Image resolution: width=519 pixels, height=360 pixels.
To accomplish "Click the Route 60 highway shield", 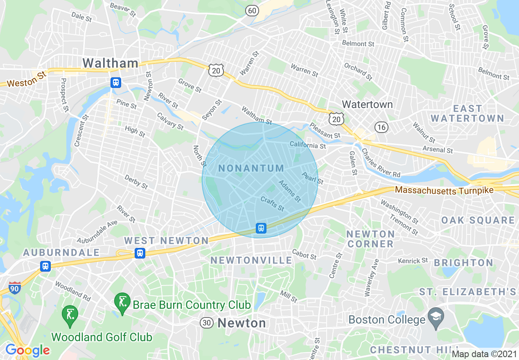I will tap(253, 10).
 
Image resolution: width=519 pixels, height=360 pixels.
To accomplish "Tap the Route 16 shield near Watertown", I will tap(381, 127).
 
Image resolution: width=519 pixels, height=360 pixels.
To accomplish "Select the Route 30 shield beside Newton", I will tap(207, 323).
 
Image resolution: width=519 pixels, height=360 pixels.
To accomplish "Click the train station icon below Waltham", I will tap(116, 83).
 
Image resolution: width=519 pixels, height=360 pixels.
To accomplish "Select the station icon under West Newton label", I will tap(140, 253).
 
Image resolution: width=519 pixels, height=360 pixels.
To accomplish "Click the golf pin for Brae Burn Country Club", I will tap(122, 303).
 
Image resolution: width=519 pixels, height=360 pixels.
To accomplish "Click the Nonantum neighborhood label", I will tap(251, 168).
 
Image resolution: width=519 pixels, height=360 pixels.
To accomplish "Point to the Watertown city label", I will tap(367, 104).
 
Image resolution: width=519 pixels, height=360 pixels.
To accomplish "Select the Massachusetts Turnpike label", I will tap(444, 190).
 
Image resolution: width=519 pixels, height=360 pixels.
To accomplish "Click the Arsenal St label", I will tap(438, 149).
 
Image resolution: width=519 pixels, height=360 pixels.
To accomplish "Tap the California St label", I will tap(308, 145).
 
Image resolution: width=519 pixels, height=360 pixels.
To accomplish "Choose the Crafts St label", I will tap(272, 203).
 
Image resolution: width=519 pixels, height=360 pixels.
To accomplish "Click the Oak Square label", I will tap(478, 220).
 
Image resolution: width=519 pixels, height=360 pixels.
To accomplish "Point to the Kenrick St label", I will tap(413, 261).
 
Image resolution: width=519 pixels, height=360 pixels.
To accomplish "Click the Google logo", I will tap(27, 350).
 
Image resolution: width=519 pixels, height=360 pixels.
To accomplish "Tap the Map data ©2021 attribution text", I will tap(484, 354).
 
